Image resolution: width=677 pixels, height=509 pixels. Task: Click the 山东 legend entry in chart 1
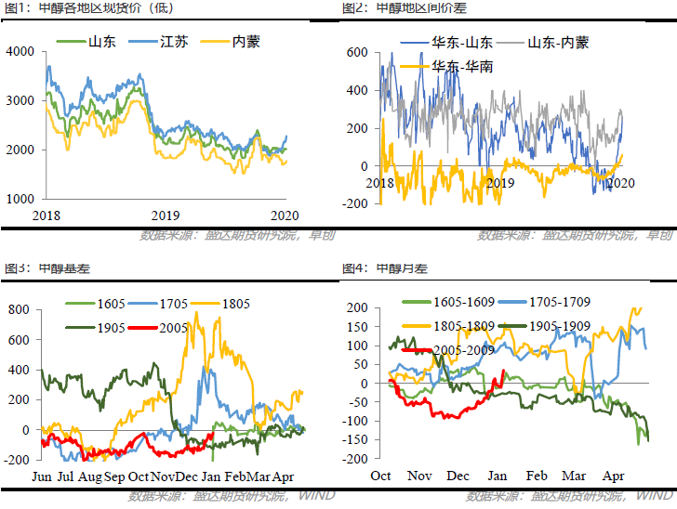[100, 42]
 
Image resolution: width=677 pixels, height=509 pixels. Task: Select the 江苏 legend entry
[172, 42]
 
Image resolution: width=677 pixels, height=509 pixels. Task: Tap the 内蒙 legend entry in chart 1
[245, 42]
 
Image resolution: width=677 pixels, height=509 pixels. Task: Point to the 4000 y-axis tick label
[20, 51]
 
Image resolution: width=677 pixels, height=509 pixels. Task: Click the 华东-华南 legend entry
[462, 67]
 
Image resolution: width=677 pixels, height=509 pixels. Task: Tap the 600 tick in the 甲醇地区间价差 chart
[358, 53]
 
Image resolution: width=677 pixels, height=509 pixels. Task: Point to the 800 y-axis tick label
[20, 309]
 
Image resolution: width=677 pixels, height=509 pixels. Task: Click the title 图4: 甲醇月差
[384, 269]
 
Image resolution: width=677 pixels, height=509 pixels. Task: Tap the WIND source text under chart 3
[316, 496]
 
